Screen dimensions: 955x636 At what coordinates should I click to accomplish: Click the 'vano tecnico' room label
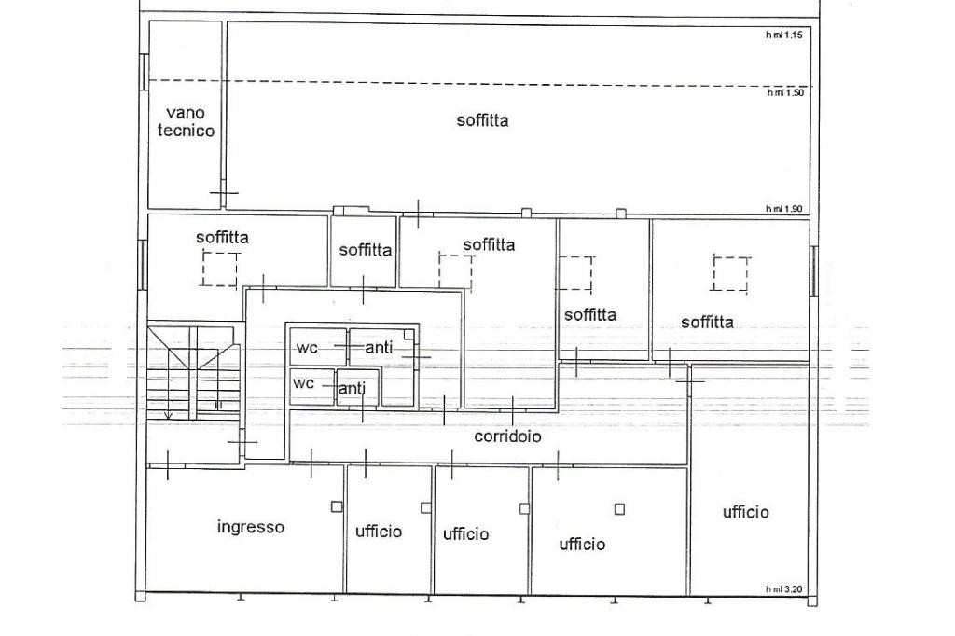(x=186, y=122)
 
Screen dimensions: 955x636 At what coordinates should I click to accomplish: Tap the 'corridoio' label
(x=507, y=436)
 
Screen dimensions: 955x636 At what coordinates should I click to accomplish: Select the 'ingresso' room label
(x=250, y=527)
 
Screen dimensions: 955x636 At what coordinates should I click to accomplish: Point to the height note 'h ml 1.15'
(x=783, y=35)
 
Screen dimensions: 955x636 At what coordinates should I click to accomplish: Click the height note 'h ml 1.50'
(x=785, y=92)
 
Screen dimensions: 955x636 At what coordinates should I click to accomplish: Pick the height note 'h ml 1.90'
(x=783, y=209)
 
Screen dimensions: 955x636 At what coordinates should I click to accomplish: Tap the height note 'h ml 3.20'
(x=783, y=589)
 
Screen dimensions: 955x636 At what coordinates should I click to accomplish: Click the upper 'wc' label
(x=307, y=348)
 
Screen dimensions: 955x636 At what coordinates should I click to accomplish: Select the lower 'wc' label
(x=303, y=383)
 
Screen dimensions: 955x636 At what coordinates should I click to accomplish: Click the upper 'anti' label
(x=379, y=348)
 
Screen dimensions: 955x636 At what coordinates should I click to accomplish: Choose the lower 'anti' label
(x=352, y=388)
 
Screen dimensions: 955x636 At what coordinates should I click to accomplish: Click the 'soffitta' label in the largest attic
(x=482, y=120)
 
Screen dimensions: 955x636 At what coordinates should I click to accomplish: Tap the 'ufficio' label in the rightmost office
(x=745, y=512)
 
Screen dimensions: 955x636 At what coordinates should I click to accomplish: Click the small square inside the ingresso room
(x=336, y=507)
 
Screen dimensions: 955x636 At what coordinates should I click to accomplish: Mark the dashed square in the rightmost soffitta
(x=730, y=274)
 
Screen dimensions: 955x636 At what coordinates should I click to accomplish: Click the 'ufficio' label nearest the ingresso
(x=379, y=532)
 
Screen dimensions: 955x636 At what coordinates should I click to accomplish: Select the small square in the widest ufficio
(x=619, y=508)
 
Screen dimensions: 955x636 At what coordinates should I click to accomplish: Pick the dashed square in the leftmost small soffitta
(x=220, y=270)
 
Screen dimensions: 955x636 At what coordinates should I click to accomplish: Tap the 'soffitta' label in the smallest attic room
(x=366, y=250)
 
